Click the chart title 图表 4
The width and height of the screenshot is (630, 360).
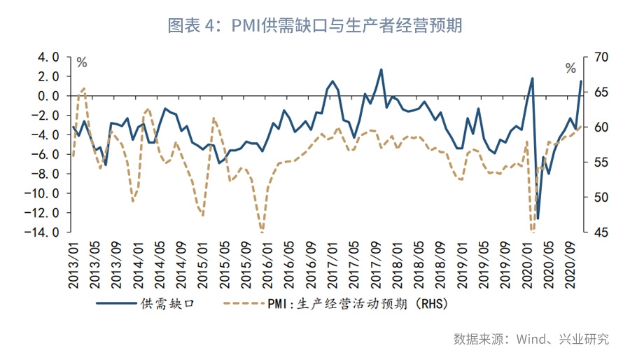314,26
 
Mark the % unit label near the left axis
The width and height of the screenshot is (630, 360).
82,63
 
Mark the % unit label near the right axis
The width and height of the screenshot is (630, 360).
570,68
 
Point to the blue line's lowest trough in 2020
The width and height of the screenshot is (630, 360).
538,219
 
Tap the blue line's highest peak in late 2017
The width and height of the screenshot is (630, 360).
381,69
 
